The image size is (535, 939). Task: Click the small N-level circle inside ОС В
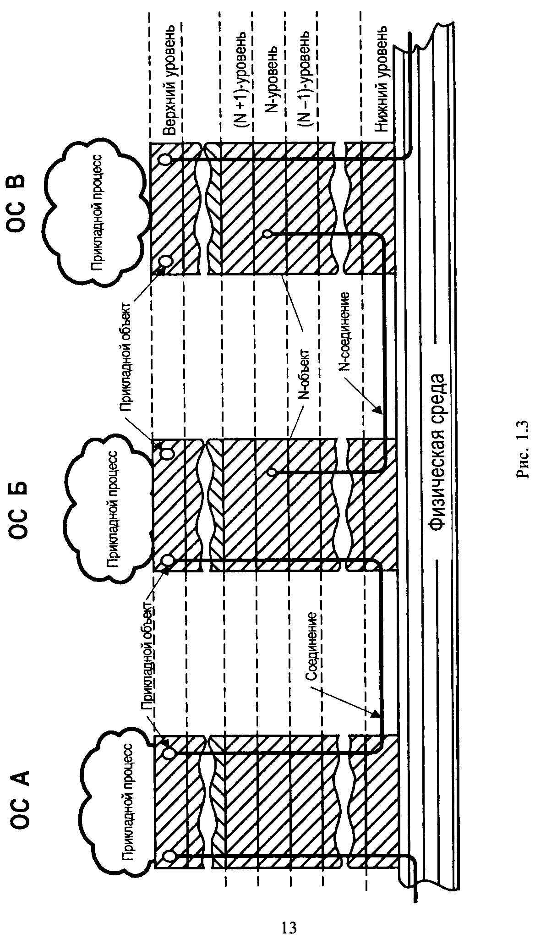coord(268,234)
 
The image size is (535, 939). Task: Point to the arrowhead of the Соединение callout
coord(377,714)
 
